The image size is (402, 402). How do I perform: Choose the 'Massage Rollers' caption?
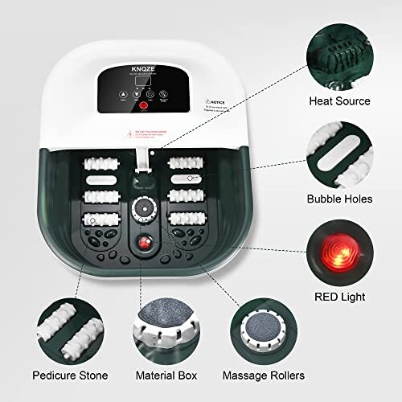tap(276, 375)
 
